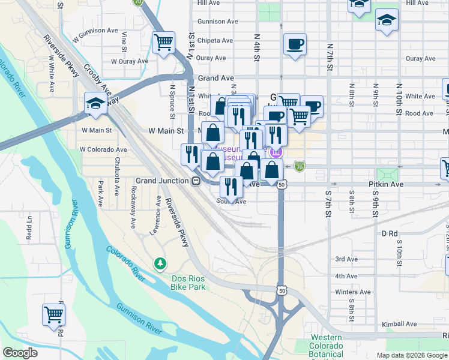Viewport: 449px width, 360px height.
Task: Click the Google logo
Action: click(x=20, y=353)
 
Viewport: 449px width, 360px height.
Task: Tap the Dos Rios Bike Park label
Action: click(x=180, y=283)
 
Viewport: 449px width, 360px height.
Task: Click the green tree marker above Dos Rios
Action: click(x=160, y=263)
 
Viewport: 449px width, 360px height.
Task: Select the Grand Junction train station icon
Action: click(x=195, y=181)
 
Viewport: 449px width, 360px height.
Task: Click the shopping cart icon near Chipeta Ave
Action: click(x=163, y=43)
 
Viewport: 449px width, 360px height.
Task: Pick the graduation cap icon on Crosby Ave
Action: click(x=95, y=104)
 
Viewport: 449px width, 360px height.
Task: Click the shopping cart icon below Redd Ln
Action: click(x=53, y=314)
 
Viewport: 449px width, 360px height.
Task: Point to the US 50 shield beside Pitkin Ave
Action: click(x=281, y=185)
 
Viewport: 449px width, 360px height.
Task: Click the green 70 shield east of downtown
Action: click(x=300, y=166)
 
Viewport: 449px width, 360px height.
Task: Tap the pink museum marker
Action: click(x=276, y=152)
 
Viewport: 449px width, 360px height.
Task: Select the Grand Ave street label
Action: click(x=216, y=78)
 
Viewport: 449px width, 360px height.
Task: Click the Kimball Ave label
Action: click(x=402, y=323)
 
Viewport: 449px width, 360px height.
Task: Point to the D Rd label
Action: click(x=390, y=233)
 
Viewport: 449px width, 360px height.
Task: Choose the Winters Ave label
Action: click(x=346, y=292)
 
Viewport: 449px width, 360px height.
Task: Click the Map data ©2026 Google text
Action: click(x=411, y=355)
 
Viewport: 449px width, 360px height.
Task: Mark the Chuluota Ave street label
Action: click(x=117, y=176)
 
